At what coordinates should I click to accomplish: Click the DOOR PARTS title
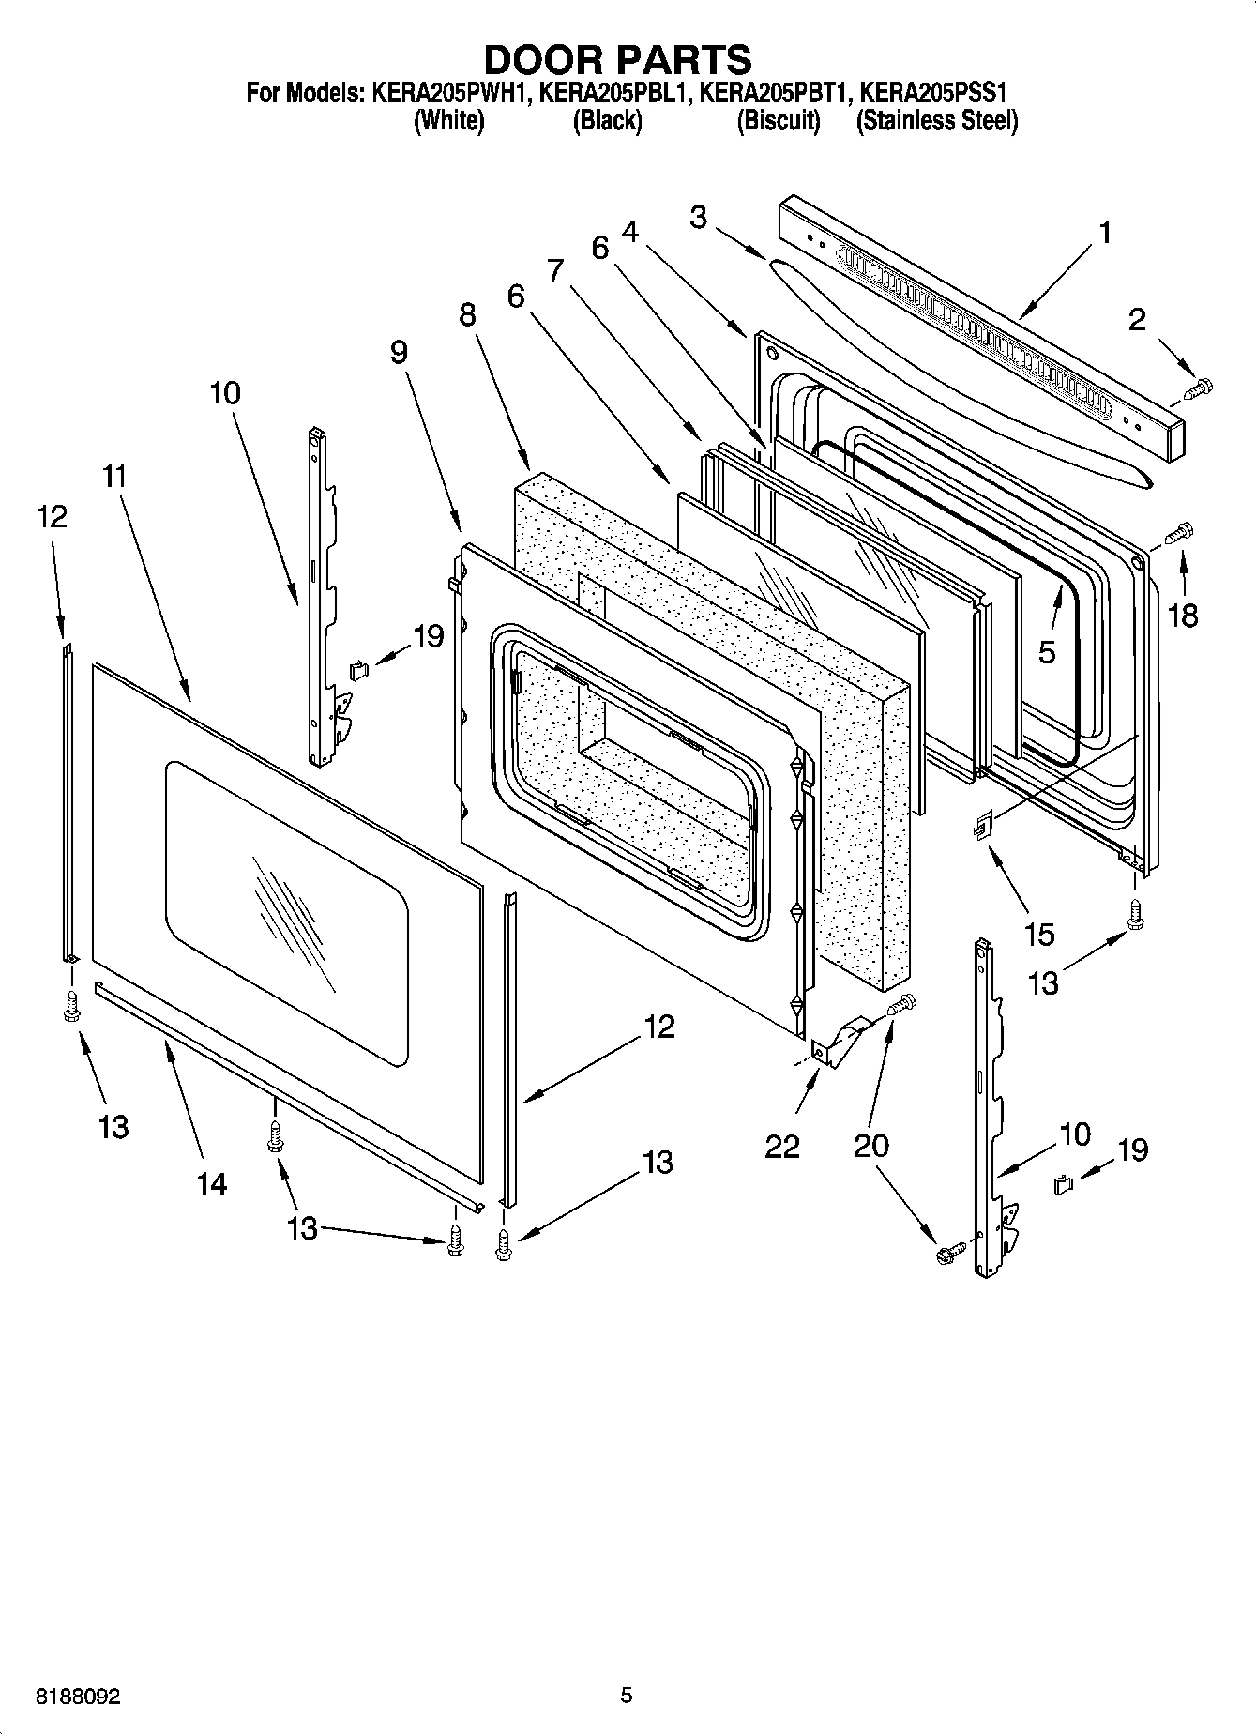[617, 59]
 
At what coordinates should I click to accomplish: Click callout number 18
[1183, 616]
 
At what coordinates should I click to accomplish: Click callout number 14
[212, 1184]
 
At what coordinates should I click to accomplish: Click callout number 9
[399, 352]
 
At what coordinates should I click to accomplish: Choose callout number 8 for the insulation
[467, 314]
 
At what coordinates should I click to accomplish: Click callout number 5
[1047, 650]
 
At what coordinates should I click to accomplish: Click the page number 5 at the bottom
[626, 1695]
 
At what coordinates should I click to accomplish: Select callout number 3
[698, 217]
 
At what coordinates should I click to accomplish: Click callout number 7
[555, 271]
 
